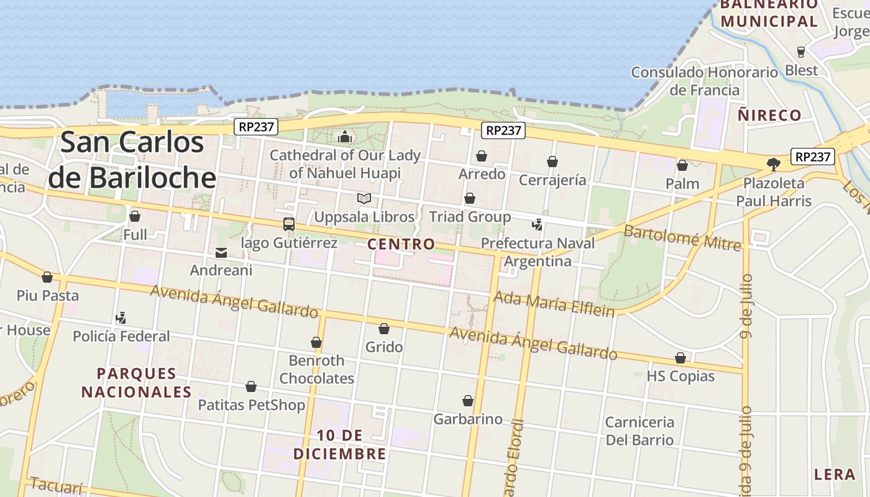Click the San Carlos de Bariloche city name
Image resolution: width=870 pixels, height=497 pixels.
click(132, 160)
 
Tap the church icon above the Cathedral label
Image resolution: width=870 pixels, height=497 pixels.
click(345, 137)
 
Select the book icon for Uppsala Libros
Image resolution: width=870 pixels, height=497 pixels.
click(364, 199)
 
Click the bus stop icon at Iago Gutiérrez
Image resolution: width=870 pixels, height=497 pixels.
click(289, 224)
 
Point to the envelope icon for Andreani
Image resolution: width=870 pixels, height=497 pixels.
click(221, 253)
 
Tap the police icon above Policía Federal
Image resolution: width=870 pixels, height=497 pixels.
click(121, 318)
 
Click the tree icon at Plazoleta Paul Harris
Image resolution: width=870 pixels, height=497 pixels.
click(774, 165)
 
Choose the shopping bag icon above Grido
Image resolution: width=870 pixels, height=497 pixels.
click(384, 329)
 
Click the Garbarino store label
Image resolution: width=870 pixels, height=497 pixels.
click(468, 419)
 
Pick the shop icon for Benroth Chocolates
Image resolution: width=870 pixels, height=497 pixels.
click(316, 342)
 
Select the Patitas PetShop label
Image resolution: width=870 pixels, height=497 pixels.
click(252, 405)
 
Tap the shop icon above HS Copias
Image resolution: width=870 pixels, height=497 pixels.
click(680, 358)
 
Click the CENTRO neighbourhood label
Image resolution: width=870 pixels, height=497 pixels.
click(401, 244)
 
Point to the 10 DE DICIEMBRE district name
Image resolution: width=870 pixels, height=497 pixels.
click(340, 445)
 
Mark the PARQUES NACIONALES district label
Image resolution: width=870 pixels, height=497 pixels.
click(137, 383)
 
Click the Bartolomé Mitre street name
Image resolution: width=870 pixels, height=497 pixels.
click(682, 238)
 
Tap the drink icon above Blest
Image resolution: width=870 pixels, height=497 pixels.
click(801, 52)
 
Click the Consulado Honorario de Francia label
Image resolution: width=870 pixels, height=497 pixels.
click(705, 81)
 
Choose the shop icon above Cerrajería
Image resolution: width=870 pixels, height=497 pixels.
click(552, 162)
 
